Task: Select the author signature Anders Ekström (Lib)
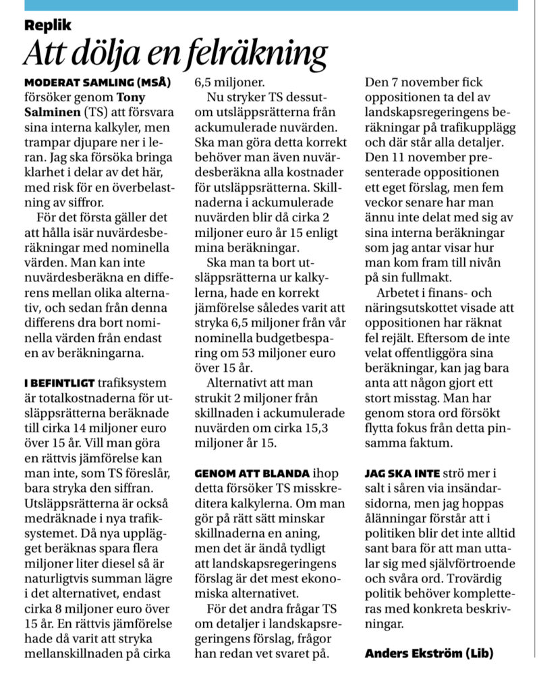tap(427, 653)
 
